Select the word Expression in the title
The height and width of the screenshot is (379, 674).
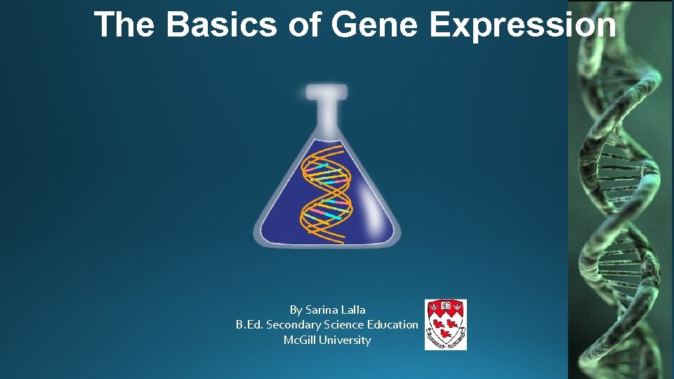click(x=523, y=25)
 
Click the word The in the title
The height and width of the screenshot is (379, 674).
click(x=124, y=25)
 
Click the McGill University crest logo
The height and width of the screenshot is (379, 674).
click(x=445, y=324)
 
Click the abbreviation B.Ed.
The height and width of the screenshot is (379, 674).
click(x=249, y=325)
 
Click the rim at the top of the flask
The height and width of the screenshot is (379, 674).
click(x=326, y=91)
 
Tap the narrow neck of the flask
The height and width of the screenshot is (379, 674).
click(x=326, y=116)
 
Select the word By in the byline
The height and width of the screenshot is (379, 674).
click(x=296, y=310)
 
